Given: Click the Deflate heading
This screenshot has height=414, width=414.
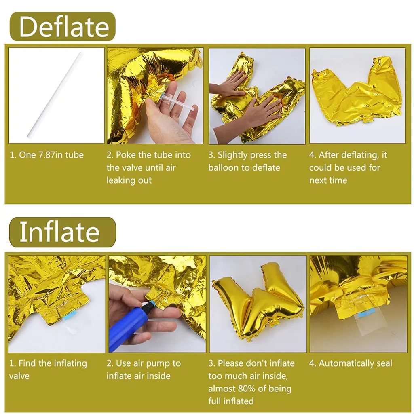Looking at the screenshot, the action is (x=64, y=27).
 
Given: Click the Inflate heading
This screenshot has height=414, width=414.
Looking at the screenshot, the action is (x=60, y=232).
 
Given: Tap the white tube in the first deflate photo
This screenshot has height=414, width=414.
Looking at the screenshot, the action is (x=55, y=95).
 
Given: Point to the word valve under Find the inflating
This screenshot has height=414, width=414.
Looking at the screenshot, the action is (x=19, y=376).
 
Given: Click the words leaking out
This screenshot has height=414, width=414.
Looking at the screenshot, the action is (x=129, y=180).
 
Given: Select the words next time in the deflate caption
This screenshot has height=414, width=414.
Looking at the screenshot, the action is (x=328, y=180).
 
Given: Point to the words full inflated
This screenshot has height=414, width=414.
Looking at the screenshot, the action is (x=231, y=401).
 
